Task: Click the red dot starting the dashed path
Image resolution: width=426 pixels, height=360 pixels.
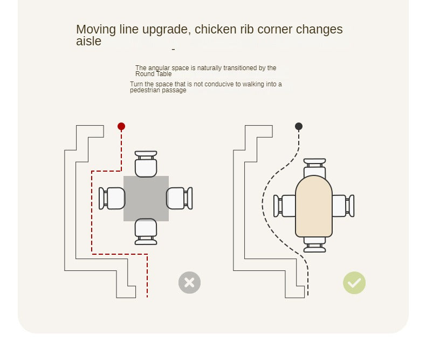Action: pyautogui.click(x=121, y=126)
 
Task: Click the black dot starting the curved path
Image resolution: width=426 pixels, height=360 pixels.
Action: pyautogui.click(x=299, y=126)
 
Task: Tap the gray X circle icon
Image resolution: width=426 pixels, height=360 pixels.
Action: pyautogui.click(x=189, y=282)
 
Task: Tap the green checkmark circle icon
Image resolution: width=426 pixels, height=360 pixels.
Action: pyautogui.click(x=354, y=283)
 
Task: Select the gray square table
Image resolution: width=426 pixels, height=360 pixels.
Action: pyautogui.click(x=146, y=199)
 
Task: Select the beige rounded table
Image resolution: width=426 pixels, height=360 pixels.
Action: pyautogui.click(x=314, y=206)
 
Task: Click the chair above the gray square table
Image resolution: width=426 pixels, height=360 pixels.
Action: pyautogui.click(x=146, y=164)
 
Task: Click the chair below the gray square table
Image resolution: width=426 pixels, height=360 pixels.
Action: pyautogui.click(x=146, y=232)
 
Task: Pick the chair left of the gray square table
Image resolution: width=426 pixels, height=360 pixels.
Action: pyautogui.click(x=112, y=198)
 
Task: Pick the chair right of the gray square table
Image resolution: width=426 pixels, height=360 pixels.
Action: pyautogui.click(x=180, y=198)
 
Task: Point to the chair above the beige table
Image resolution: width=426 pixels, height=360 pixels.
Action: pyautogui.click(x=314, y=168)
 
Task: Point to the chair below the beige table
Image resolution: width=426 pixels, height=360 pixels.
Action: pyautogui.click(x=314, y=244)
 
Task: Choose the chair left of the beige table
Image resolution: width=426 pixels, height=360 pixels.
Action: pyautogui.click(x=285, y=206)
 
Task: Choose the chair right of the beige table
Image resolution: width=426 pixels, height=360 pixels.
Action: pyautogui.click(x=343, y=206)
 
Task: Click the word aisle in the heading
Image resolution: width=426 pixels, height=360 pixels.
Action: pyautogui.click(x=88, y=42)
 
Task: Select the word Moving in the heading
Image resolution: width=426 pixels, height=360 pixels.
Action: pyautogui.click(x=96, y=30)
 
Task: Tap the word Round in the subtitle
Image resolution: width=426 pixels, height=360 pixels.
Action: pyautogui.click(x=145, y=74)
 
